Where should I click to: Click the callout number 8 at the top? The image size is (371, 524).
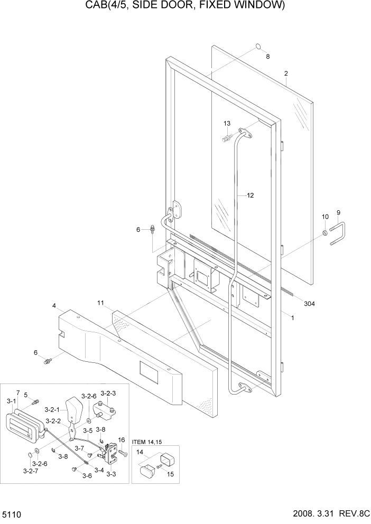[267, 57]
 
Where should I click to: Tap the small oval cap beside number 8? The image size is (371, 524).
[257, 46]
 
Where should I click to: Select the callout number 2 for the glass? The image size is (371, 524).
[285, 73]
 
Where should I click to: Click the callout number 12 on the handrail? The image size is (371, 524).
[250, 195]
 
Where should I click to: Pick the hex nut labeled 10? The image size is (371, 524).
[324, 232]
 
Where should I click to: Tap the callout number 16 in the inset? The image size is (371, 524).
[121, 439]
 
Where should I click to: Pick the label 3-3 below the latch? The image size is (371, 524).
[111, 474]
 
